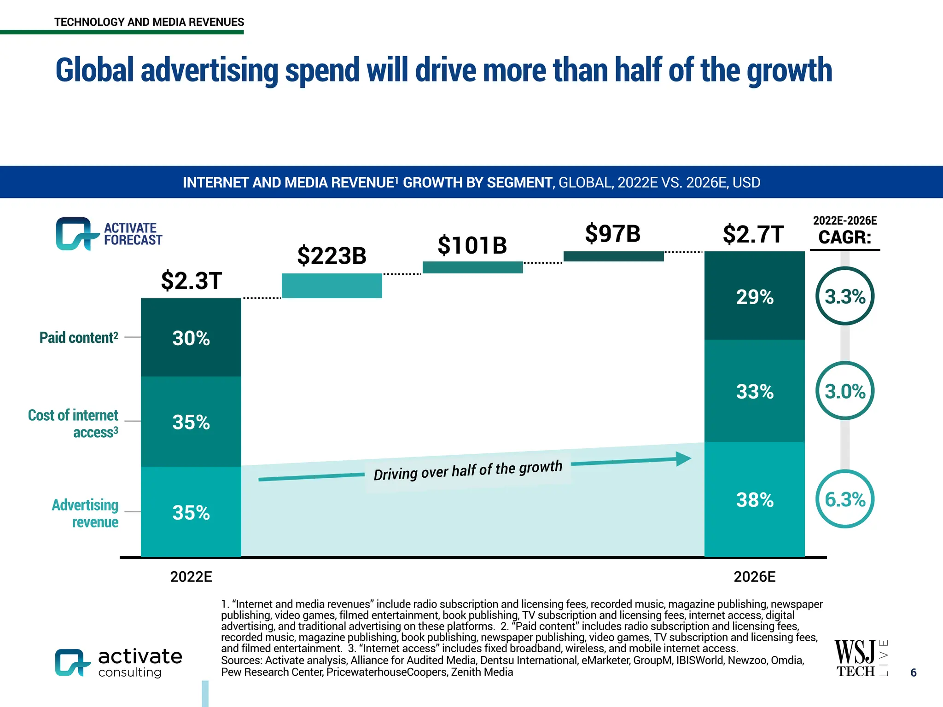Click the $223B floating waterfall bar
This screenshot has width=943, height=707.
click(x=332, y=286)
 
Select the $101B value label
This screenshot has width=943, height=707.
click(x=472, y=245)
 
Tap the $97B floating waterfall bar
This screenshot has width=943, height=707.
click(x=613, y=256)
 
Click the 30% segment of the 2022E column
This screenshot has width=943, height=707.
click(x=191, y=338)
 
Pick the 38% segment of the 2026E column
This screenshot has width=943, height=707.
click(x=754, y=499)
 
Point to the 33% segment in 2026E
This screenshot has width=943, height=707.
click(x=754, y=391)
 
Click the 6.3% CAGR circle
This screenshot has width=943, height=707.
click(x=844, y=499)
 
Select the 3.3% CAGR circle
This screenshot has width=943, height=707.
click(x=844, y=296)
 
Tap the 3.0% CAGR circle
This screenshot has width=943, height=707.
click(x=844, y=391)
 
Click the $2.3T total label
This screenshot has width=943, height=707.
click(x=191, y=280)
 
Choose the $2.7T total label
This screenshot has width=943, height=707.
click(x=753, y=234)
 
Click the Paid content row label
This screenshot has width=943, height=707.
click(x=79, y=337)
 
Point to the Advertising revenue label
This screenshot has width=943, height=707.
click(x=85, y=513)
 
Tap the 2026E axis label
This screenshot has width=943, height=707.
click(x=754, y=577)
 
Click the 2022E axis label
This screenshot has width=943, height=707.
click(x=191, y=577)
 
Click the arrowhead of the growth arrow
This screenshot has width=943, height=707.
click(x=683, y=458)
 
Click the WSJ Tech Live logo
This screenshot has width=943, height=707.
click(x=860, y=658)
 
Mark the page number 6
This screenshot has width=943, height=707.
click(x=914, y=672)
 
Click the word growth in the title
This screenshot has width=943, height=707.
click(x=789, y=70)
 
